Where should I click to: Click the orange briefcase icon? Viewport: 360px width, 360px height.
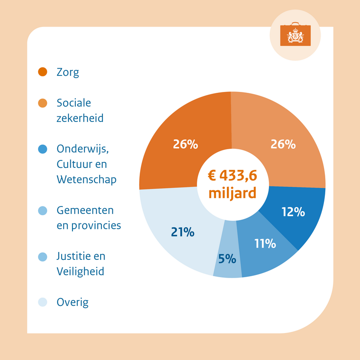295,35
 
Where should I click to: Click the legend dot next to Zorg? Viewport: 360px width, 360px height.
43,72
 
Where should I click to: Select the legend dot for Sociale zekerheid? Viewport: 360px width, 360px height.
43,103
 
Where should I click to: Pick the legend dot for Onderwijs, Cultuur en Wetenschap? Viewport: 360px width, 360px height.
43,149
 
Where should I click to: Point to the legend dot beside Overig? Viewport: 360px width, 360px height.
43,302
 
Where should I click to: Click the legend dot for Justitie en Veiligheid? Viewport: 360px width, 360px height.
43,256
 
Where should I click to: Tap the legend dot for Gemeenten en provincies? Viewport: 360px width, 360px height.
43,211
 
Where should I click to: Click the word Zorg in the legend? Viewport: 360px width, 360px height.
68,72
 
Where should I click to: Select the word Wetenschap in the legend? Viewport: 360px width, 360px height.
86,180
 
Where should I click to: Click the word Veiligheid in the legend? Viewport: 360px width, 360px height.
80,272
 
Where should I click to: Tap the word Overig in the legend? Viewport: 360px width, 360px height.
72,302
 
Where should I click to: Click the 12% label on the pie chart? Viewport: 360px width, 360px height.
293,212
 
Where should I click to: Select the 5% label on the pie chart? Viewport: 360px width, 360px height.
227,259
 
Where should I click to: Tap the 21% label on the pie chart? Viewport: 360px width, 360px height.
182,232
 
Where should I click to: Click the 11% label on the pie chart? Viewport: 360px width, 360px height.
265,244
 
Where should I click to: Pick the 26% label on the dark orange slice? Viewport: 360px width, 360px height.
185,144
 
